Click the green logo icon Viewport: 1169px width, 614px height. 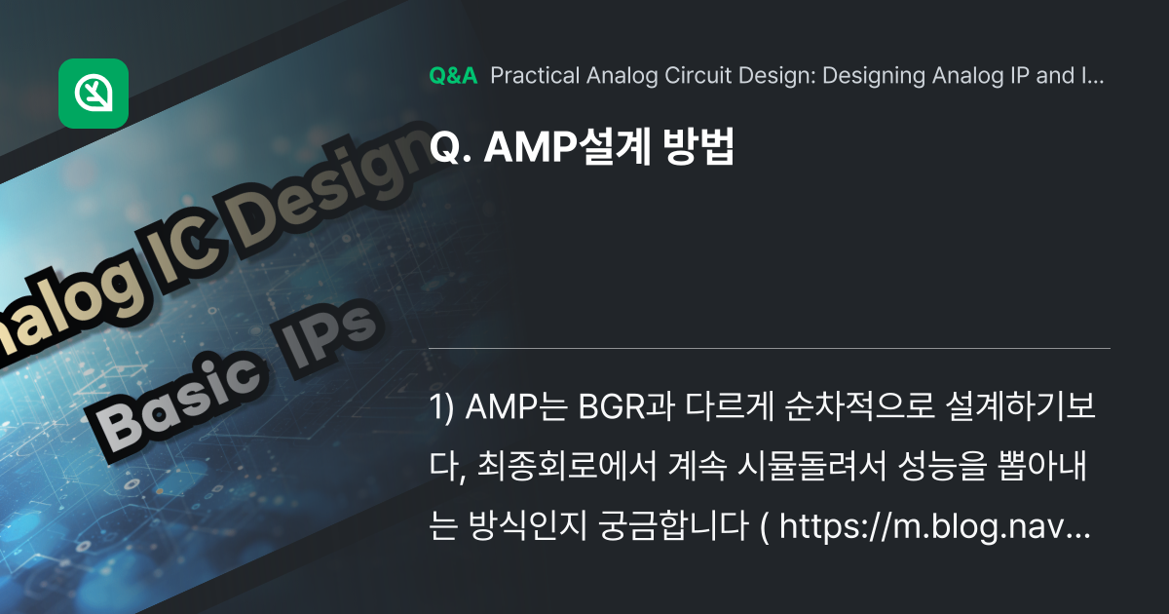(94, 94)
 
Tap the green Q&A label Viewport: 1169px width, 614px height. (453, 77)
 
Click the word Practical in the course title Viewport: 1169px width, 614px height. (533, 77)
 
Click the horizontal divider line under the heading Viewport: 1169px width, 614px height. (770, 348)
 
